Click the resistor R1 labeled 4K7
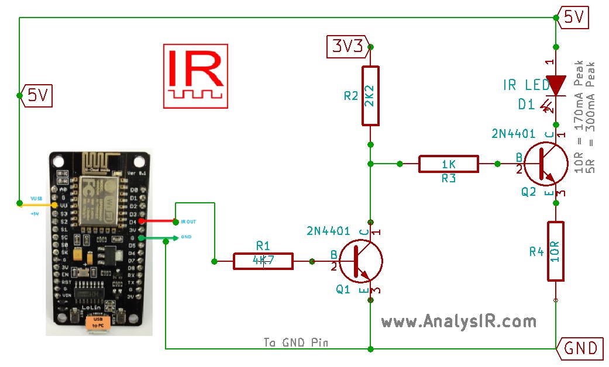[x=263, y=261]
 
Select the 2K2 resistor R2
[x=370, y=95]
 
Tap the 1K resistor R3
[x=448, y=164]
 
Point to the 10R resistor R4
[x=555, y=251]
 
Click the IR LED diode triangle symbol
[x=555, y=85]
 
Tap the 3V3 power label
[x=347, y=46]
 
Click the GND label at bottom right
[x=581, y=348]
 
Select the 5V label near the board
[x=37, y=95]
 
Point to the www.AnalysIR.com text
[x=458, y=321]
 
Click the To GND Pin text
[x=295, y=342]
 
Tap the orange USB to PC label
[x=98, y=323]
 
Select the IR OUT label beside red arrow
[x=188, y=222]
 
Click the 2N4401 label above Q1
[x=328, y=231]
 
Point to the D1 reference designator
[x=527, y=104]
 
